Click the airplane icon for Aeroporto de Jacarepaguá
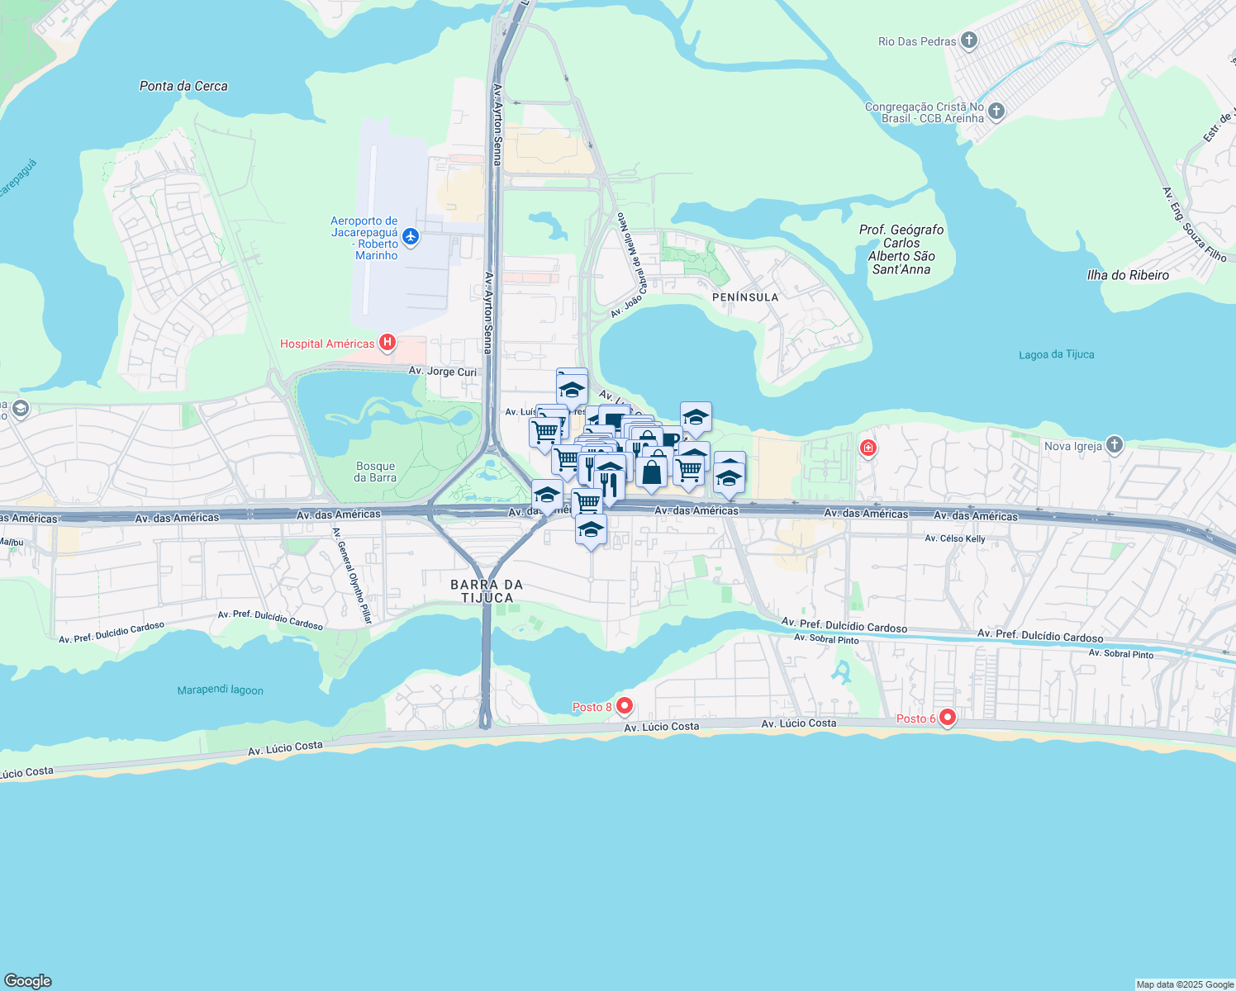click(411, 238)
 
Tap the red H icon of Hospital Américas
click(387, 343)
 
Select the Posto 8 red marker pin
click(625, 706)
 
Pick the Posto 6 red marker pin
click(948, 718)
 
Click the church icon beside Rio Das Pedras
click(970, 40)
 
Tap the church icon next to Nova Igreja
click(1115, 445)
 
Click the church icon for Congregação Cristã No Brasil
click(996, 111)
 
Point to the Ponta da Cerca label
click(183, 86)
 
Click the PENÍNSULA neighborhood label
click(745, 297)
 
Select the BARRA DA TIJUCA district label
click(487, 591)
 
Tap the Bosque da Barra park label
click(375, 472)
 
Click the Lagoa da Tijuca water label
click(1056, 355)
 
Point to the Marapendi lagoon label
click(220, 690)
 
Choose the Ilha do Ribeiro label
click(1128, 275)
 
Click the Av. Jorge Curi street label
click(442, 372)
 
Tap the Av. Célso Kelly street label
click(954, 538)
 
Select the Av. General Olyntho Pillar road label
click(353, 576)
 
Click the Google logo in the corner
click(28, 981)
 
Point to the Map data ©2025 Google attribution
click(1185, 984)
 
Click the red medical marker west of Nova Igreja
click(868, 448)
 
